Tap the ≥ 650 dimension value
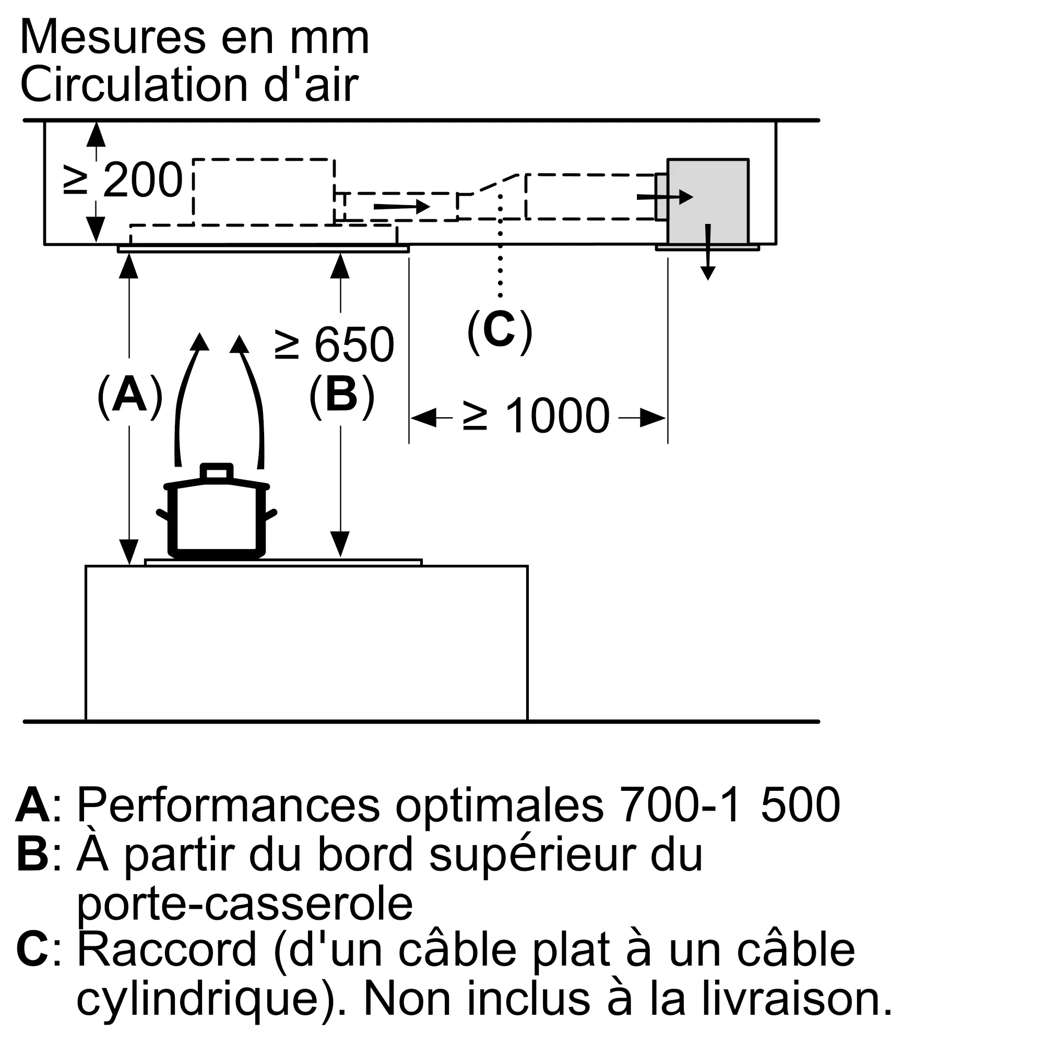[335, 344]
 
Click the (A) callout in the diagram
[129, 395]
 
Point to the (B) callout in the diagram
[341, 395]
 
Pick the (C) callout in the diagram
[500, 330]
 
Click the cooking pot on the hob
[217, 516]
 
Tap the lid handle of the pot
[217, 472]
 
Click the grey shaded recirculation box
[708, 201]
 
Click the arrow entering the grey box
[664, 197]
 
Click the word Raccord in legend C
[167, 952]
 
